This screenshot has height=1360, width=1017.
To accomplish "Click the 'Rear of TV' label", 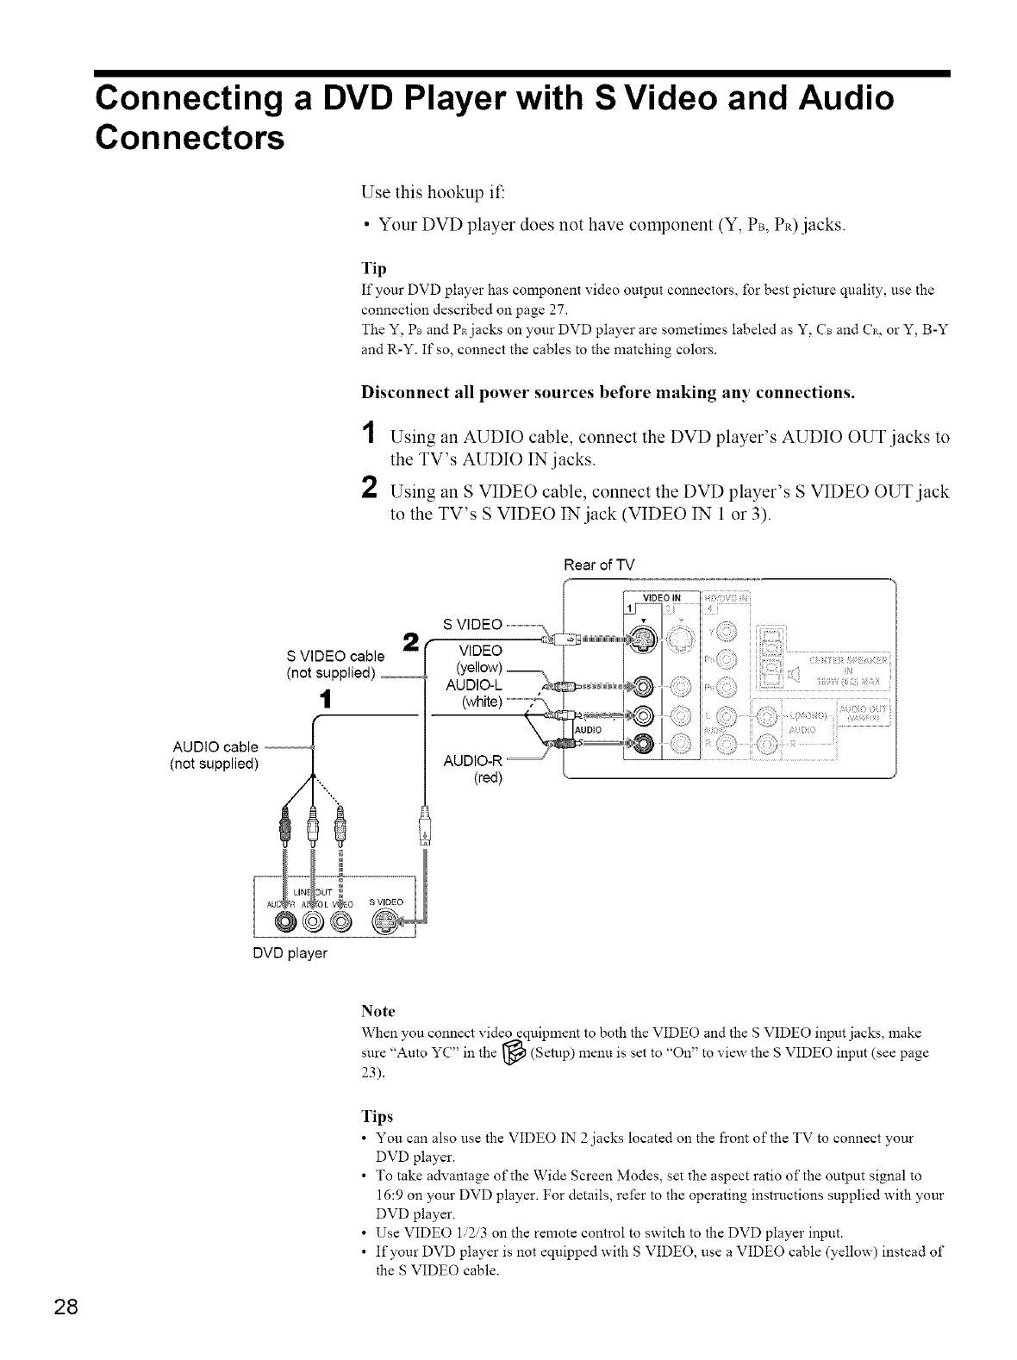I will click(598, 565).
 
